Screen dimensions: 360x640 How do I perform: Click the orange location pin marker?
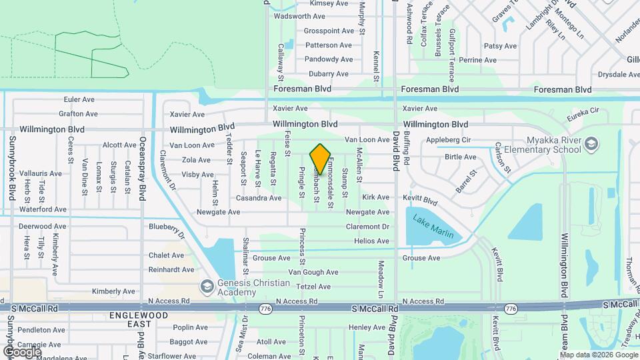(x=320, y=159)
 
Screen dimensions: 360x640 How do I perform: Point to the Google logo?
(x=23, y=351)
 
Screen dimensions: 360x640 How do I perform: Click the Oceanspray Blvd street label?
(x=142, y=165)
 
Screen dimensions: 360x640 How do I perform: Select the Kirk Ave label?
(x=375, y=197)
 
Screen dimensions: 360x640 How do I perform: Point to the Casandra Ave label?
(x=258, y=198)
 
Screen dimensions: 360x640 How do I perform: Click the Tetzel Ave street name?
(x=313, y=287)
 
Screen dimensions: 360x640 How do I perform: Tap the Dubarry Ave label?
(x=327, y=74)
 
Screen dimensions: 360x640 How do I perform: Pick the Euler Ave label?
(x=80, y=99)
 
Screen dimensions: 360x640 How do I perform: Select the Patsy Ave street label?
(x=500, y=46)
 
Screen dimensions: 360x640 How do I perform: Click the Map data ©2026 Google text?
(x=599, y=354)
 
